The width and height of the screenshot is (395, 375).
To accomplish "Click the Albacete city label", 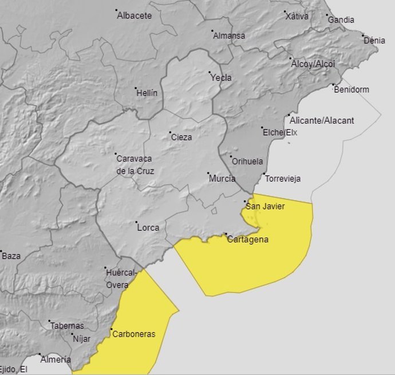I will (x=135, y=15).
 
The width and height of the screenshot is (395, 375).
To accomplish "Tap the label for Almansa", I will (x=229, y=35).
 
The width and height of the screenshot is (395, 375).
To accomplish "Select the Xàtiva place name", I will (x=297, y=16).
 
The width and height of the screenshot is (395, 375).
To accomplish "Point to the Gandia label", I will (x=341, y=20).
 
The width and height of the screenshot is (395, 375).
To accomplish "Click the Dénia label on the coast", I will (x=374, y=41).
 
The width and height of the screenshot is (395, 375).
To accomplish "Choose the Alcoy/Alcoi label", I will (x=313, y=64).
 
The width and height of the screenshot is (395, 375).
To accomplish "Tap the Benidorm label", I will (x=352, y=90).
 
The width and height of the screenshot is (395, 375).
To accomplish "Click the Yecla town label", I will (x=221, y=78).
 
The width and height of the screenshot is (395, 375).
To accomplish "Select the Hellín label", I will (x=147, y=93).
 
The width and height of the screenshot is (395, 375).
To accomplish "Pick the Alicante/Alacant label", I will (x=322, y=121).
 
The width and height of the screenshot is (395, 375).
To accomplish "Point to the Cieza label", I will (x=181, y=137).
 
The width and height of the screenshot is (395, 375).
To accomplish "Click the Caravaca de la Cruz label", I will (x=135, y=164).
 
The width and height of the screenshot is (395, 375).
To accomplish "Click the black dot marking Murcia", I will (x=208, y=175).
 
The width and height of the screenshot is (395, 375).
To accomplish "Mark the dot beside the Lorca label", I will (x=136, y=223).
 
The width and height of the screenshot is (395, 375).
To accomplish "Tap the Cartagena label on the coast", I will (x=248, y=240).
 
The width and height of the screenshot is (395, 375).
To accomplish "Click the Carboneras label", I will (x=134, y=334).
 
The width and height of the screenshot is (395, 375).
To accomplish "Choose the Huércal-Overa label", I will (x=121, y=278).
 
